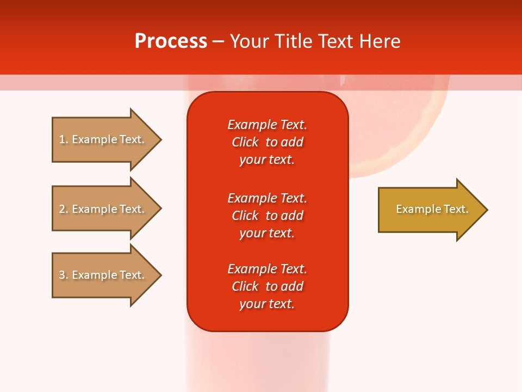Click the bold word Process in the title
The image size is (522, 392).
[171, 41]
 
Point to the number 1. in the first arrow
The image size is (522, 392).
[64, 139]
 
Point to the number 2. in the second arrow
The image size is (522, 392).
[64, 209]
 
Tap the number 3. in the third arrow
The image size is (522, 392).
[64, 275]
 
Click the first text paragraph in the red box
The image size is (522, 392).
[267, 142]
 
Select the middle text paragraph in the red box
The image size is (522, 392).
[267, 216]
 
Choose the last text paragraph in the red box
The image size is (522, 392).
[267, 286]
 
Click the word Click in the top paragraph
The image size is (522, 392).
[245, 142]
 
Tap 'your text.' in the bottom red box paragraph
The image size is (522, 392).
[267, 304]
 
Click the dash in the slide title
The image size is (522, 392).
[218, 41]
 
